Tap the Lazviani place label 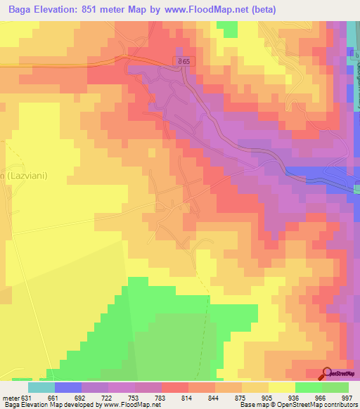coord(24,176)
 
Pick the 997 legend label coord(347,398)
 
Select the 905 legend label coord(267,398)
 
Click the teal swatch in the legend coord(41,387)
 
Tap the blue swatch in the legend coord(68,387)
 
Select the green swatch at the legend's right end coord(335,387)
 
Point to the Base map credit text coord(298,405)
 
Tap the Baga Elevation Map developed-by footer coord(81,405)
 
